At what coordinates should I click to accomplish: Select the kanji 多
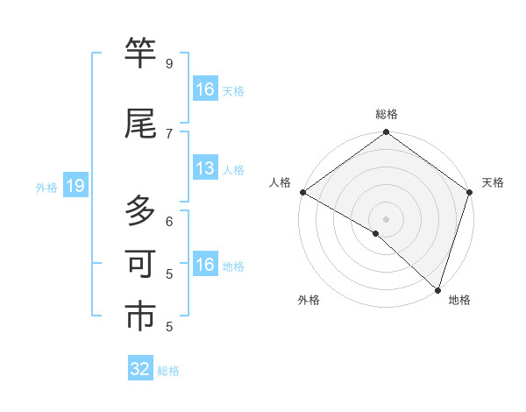point(141,212)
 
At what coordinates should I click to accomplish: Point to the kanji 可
point(141,266)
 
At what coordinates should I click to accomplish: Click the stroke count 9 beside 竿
point(168,64)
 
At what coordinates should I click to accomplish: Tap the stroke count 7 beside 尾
point(168,133)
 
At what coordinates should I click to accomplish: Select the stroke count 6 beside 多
point(168,221)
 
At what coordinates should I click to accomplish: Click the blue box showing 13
point(205,169)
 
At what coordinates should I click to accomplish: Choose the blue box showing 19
point(74,186)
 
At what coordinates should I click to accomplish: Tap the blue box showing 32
point(140,369)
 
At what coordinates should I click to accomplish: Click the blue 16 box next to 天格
point(205,89)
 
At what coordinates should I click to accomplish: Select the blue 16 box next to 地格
point(205,266)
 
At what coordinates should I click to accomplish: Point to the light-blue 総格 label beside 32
point(168,371)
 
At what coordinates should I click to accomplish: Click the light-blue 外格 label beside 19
point(46,187)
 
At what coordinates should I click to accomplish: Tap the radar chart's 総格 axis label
point(387,114)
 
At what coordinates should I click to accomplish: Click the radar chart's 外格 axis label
point(309,300)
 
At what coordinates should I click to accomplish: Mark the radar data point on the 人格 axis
point(302,192)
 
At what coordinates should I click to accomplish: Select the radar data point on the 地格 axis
point(437,289)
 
